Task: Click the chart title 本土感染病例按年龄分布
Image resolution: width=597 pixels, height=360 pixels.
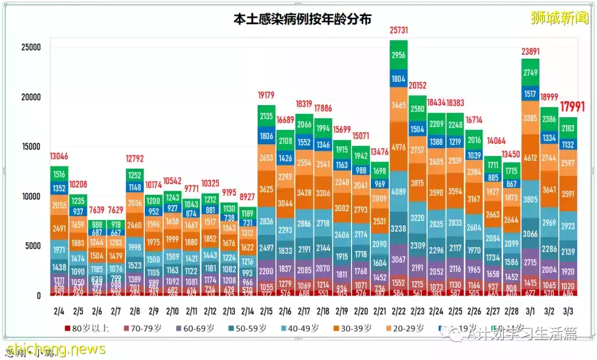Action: coord(302,19)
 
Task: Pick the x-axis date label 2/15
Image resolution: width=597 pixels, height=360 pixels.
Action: coord(266,311)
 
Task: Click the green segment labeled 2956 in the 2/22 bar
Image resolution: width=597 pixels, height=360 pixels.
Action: coord(399,55)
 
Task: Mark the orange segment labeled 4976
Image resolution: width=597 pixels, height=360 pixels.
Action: coord(399,147)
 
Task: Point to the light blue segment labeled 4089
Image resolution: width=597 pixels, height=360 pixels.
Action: coord(399,192)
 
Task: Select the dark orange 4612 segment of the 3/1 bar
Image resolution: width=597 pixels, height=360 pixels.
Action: coord(530,158)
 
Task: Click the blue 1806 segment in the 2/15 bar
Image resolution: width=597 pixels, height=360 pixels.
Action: coord(266,136)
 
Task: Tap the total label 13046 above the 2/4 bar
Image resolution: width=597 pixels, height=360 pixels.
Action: coord(60,156)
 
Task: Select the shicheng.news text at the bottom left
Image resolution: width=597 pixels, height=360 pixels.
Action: coord(55,349)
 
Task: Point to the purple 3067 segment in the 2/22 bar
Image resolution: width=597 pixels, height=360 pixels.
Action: coord(399,260)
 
